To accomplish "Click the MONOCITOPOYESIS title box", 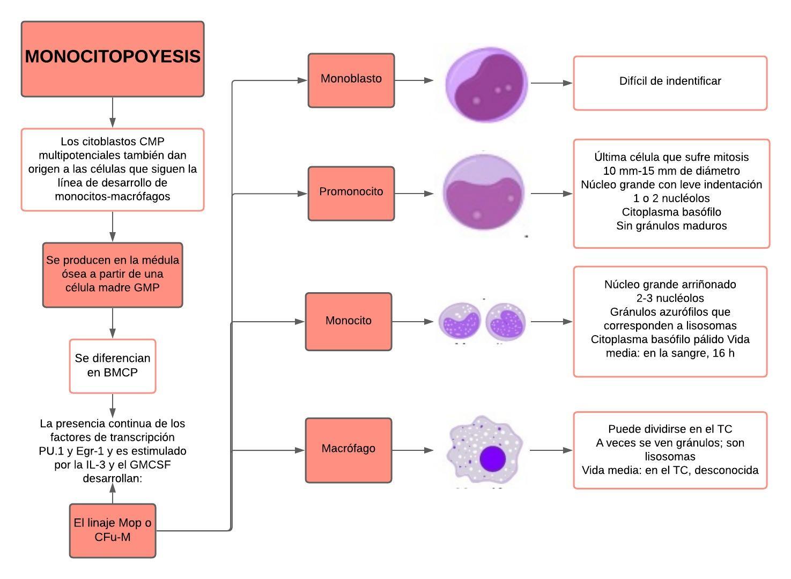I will (x=113, y=59).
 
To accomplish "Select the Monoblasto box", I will (x=351, y=80).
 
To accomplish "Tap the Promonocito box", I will (x=351, y=194).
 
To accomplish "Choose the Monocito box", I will (x=349, y=322).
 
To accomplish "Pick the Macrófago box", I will (x=349, y=450).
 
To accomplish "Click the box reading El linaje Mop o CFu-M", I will (x=113, y=530).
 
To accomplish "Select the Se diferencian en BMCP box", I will (x=113, y=366).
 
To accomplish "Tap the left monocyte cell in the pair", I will (x=460, y=322).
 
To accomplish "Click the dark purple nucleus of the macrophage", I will (x=494, y=459).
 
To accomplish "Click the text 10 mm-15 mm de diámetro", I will (x=671, y=171).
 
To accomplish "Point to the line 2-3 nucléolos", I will (x=670, y=298).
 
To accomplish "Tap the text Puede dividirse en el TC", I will (x=670, y=429).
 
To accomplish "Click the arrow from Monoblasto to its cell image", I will (x=414, y=80).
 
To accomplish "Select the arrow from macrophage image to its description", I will (x=551, y=450).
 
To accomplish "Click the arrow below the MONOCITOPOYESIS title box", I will (x=113, y=112).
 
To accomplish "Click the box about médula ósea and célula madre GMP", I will (x=113, y=274).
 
